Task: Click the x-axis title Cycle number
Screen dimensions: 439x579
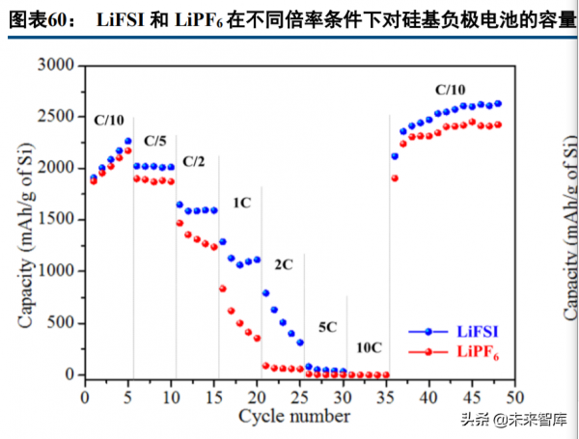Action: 294,416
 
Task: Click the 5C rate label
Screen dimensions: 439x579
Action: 328,327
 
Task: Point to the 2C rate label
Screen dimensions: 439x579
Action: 284,262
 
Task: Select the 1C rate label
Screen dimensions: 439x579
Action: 241,204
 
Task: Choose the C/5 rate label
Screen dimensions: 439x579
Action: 155,141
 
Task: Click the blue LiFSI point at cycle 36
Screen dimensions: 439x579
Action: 395,156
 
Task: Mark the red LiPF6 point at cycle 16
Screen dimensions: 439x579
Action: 223,288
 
